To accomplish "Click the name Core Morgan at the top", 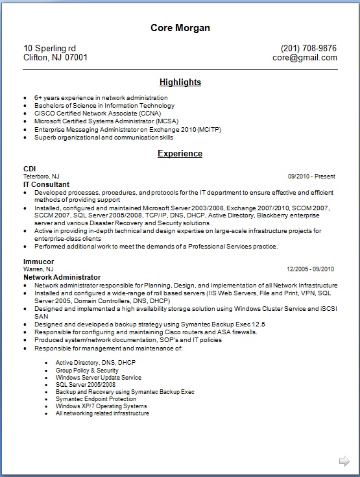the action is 180,28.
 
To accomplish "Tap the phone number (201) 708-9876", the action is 308,48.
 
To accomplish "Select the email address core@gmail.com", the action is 304,57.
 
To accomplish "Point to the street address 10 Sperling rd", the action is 50,48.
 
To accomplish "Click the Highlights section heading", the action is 180,82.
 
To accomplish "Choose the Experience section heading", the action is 180,154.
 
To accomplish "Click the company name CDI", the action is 29,169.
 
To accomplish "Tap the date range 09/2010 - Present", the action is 311,176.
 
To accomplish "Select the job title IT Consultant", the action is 47,184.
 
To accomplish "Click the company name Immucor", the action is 38,262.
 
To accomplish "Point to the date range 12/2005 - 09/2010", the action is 310,269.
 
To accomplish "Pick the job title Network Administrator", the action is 62,277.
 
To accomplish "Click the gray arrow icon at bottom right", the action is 344,461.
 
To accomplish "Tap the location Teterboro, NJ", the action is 42,177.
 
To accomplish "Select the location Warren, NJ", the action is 38,269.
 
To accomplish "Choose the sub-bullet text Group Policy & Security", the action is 87,371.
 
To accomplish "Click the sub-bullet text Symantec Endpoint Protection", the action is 95,399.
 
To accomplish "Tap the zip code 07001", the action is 77,57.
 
